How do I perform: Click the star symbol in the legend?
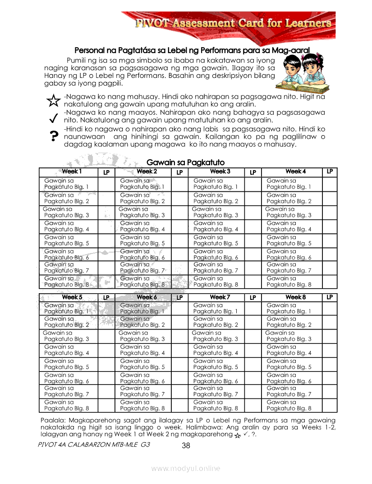(x=53, y=100)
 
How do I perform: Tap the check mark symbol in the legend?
(x=53, y=118)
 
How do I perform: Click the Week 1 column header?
(x=72, y=172)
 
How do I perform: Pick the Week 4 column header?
(x=295, y=172)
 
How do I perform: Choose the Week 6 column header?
(x=147, y=297)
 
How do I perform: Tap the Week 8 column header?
(x=295, y=297)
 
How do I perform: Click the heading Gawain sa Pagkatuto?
(x=185, y=162)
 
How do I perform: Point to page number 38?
(x=186, y=446)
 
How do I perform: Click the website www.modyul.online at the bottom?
(x=186, y=468)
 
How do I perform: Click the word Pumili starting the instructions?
(x=78, y=60)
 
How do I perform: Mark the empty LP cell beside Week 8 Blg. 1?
(x=330, y=308)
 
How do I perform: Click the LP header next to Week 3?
(x=253, y=172)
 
